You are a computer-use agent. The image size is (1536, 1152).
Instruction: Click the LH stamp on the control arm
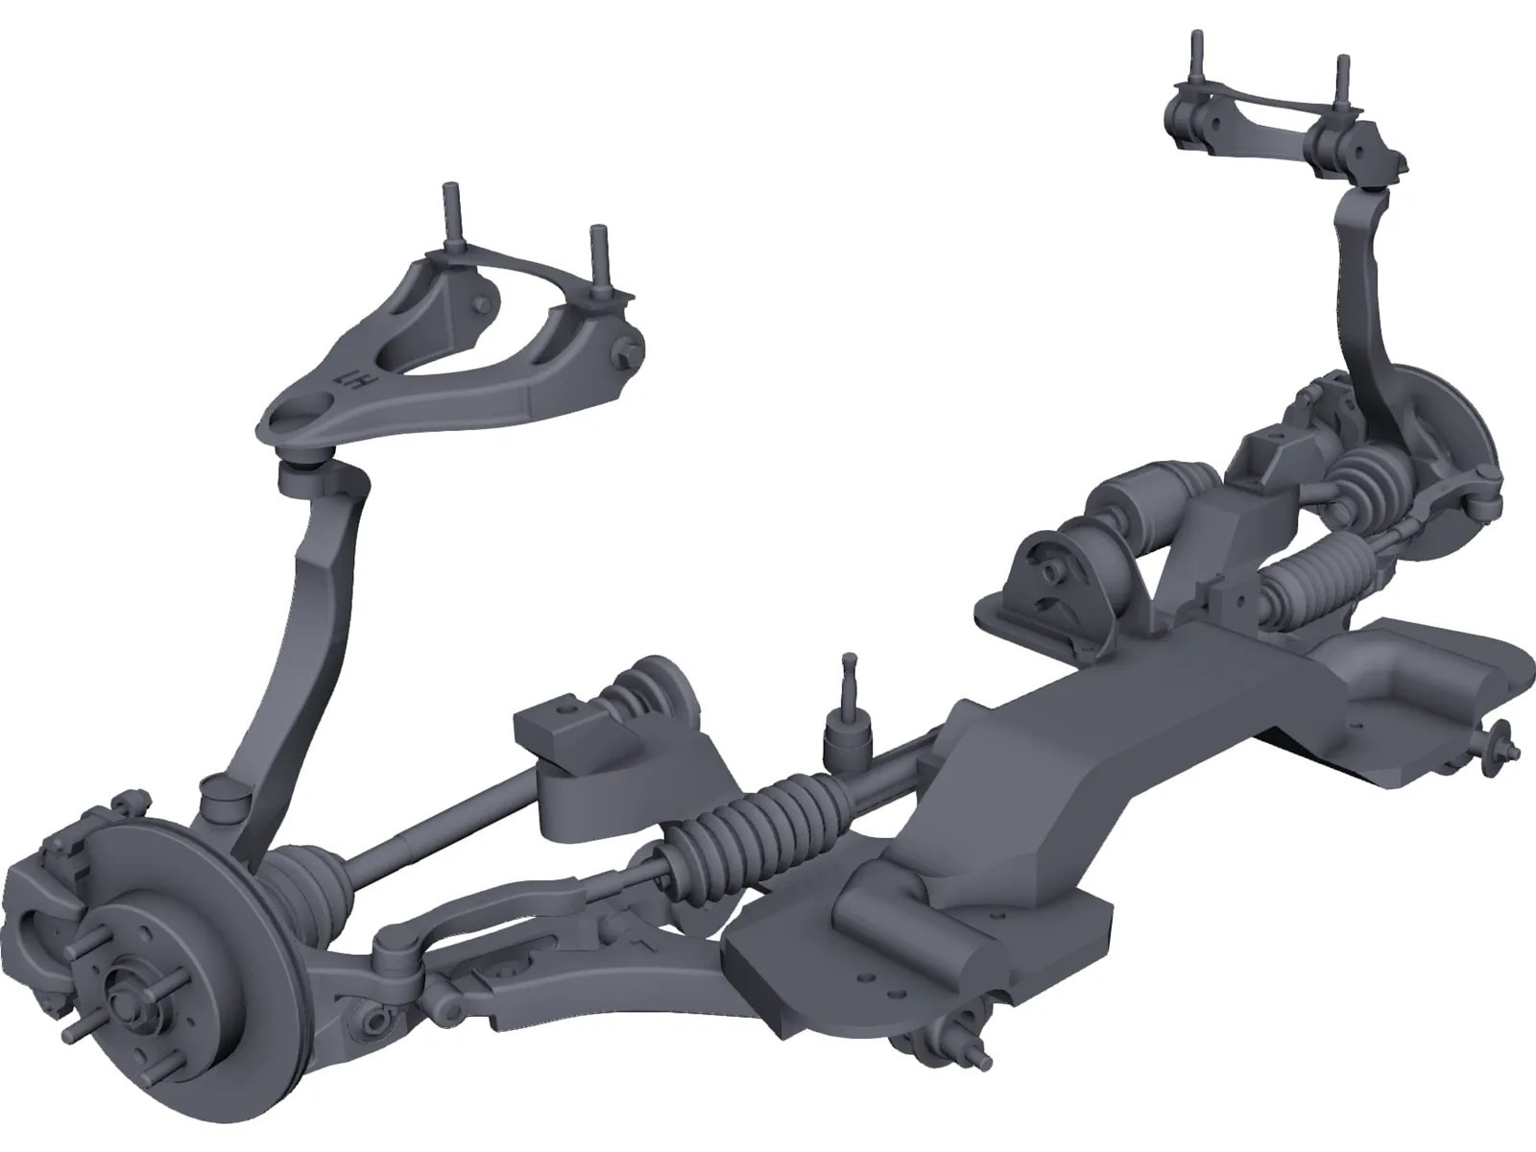click(345, 381)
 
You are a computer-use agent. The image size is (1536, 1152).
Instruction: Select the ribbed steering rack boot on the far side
click(1310, 576)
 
